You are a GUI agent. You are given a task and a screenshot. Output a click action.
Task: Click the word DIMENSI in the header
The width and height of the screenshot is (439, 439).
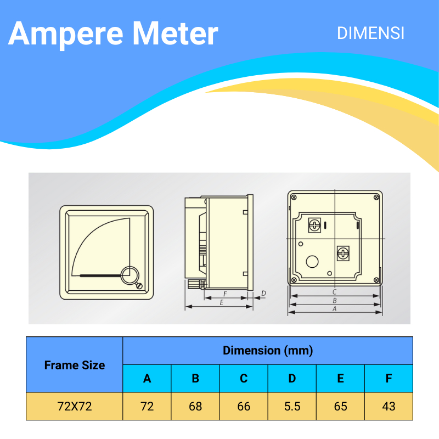tap(370, 33)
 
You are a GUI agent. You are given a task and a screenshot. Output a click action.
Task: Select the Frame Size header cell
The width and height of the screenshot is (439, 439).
tap(75, 365)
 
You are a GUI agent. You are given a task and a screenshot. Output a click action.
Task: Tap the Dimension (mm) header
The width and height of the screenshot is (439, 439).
tap(267, 351)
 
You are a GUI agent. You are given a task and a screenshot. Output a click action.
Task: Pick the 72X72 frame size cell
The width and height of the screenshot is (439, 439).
tap(75, 407)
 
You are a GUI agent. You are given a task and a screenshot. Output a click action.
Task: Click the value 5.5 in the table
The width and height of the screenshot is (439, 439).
tap(292, 407)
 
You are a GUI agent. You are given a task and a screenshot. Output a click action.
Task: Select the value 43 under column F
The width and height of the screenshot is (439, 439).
tap(389, 407)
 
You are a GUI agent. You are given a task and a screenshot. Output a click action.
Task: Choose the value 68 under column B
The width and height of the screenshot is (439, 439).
tap(195, 407)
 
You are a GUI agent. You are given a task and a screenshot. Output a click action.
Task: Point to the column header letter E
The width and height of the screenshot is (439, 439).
tap(340, 378)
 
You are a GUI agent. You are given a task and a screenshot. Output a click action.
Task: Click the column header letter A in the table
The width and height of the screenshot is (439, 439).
tap(147, 378)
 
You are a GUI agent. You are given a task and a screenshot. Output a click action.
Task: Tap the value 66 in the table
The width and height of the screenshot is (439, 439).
tap(244, 407)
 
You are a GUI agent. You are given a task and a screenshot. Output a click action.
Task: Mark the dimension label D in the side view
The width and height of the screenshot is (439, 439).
tap(263, 294)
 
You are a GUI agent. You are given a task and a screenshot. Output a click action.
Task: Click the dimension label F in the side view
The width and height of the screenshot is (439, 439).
tap(225, 294)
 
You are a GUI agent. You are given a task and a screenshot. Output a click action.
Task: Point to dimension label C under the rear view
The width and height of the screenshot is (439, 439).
tap(334, 292)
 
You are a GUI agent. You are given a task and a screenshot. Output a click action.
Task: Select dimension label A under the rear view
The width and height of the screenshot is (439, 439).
tap(334, 309)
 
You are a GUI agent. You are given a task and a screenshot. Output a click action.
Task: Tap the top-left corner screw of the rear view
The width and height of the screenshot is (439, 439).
tap(294, 197)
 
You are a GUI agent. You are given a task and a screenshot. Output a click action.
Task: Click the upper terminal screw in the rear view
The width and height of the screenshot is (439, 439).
tap(315, 225)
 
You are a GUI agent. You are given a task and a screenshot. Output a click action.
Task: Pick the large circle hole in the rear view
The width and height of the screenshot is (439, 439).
tap(313, 262)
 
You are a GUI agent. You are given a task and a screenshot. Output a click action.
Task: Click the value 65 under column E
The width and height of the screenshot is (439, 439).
tap(340, 407)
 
